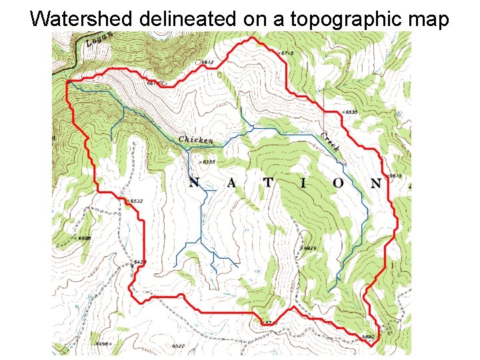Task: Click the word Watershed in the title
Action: coord(83,19)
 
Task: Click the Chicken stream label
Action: coord(196,140)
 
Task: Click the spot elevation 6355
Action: coord(207,161)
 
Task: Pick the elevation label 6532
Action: coord(135,201)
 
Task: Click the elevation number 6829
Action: coord(308,248)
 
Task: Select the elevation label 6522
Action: coord(178,347)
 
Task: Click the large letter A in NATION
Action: coord(232,183)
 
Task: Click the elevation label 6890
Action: coord(369,337)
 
